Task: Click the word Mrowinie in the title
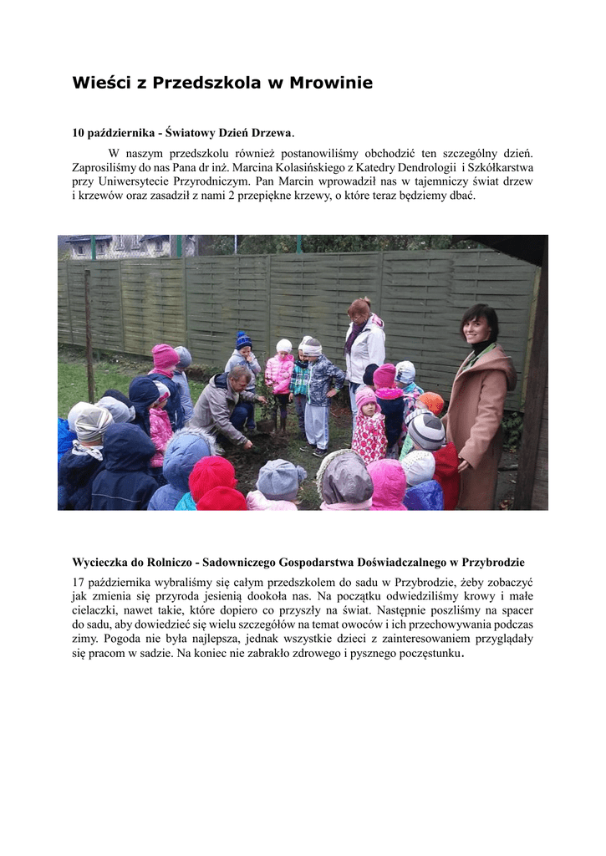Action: (x=331, y=83)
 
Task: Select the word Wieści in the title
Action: (x=99, y=83)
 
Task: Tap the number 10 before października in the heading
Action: (x=79, y=133)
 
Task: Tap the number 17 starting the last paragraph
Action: (x=79, y=581)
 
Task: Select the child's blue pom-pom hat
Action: (x=243, y=339)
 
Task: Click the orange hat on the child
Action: (x=432, y=403)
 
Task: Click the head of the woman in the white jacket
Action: (x=360, y=309)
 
